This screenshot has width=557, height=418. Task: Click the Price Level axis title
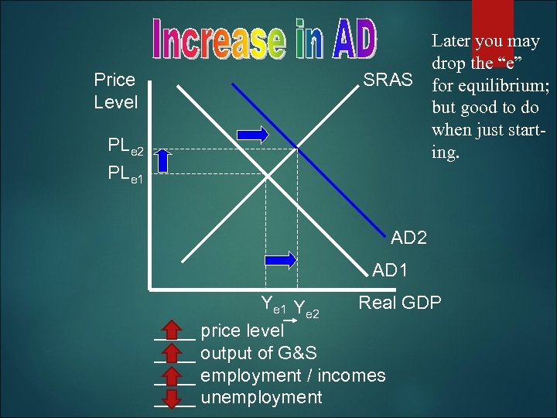point(114,91)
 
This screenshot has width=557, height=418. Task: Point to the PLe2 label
point(125,145)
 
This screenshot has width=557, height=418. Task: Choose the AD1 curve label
point(390,271)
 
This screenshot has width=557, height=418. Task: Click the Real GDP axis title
point(399,303)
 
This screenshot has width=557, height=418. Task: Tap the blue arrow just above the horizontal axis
point(280,261)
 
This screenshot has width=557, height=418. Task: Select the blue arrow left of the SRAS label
point(253,134)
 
